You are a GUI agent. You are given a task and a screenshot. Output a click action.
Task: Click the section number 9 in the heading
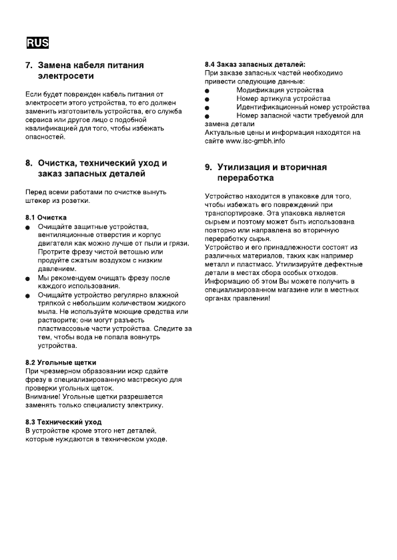(208, 166)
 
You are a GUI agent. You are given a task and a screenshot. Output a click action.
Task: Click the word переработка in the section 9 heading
(246, 178)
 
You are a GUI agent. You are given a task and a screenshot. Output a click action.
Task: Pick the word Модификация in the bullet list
(260, 89)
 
